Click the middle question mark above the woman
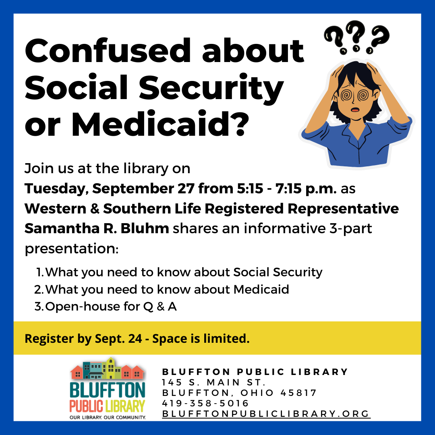(x=355, y=36)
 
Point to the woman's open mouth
(x=355, y=110)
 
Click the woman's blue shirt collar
(x=358, y=134)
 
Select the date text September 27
(x=143, y=188)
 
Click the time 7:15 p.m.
(x=306, y=188)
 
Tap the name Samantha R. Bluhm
(x=97, y=228)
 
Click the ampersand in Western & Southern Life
(x=95, y=209)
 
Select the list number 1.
(x=39, y=272)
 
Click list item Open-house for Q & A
(x=111, y=307)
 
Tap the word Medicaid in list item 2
(x=261, y=289)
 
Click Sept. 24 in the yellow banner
(x=118, y=338)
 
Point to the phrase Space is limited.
(x=201, y=338)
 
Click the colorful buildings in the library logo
(x=107, y=369)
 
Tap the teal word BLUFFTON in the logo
(x=107, y=390)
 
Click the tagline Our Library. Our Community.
(x=108, y=417)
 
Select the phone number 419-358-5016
(x=205, y=403)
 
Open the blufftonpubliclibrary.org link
(x=266, y=414)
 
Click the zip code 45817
(x=298, y=393)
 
